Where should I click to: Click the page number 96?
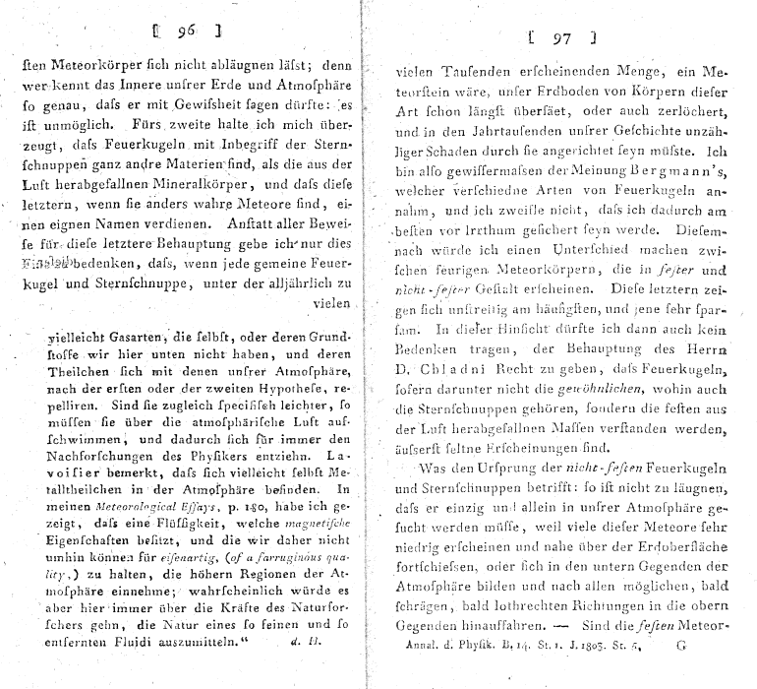coord(184,31)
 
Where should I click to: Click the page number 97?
coord(561,40)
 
